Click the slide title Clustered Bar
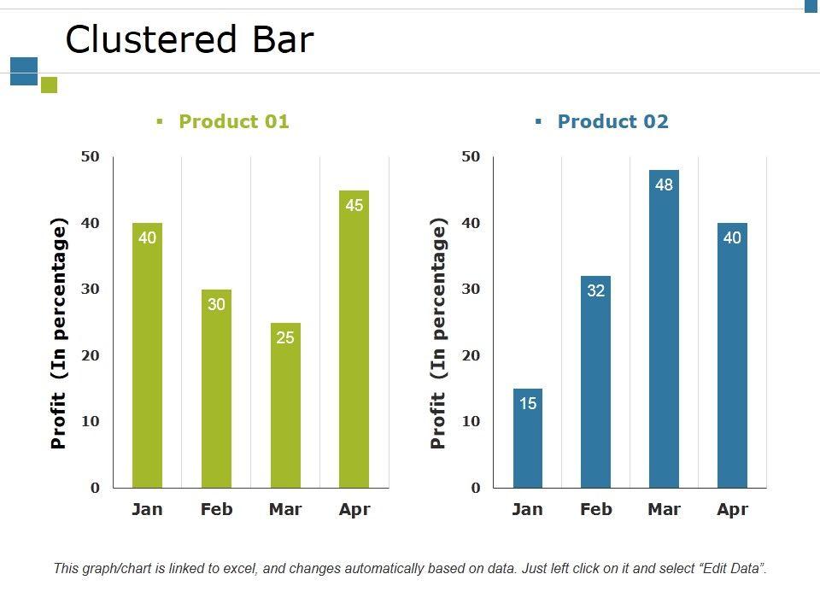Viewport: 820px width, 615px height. [190, 40]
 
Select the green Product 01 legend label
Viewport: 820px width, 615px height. [233, 121]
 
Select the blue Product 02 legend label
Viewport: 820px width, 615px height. [612, 121]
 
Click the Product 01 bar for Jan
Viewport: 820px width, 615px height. [147, 359]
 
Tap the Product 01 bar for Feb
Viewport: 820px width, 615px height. [216, 393]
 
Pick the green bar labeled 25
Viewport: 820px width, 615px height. [285, 410]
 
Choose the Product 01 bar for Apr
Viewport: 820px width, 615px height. [354, 342]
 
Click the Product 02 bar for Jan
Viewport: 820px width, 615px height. [528, 440]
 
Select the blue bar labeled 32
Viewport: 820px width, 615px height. [595, 384]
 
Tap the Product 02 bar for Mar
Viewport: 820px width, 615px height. [664, 333]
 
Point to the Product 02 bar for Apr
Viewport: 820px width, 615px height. [732, 359]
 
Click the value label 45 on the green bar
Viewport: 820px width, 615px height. [354, 205]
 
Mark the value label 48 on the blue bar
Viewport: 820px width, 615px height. [664, 184]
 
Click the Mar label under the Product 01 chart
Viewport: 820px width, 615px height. [285, 510]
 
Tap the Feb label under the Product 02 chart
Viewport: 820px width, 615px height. [595, 510]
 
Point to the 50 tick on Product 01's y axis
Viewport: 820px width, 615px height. [91, 156]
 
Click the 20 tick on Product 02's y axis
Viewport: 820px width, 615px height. [471, 355]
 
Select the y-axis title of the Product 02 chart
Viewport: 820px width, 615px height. [439, 333]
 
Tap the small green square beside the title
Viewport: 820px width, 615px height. [49, 85]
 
